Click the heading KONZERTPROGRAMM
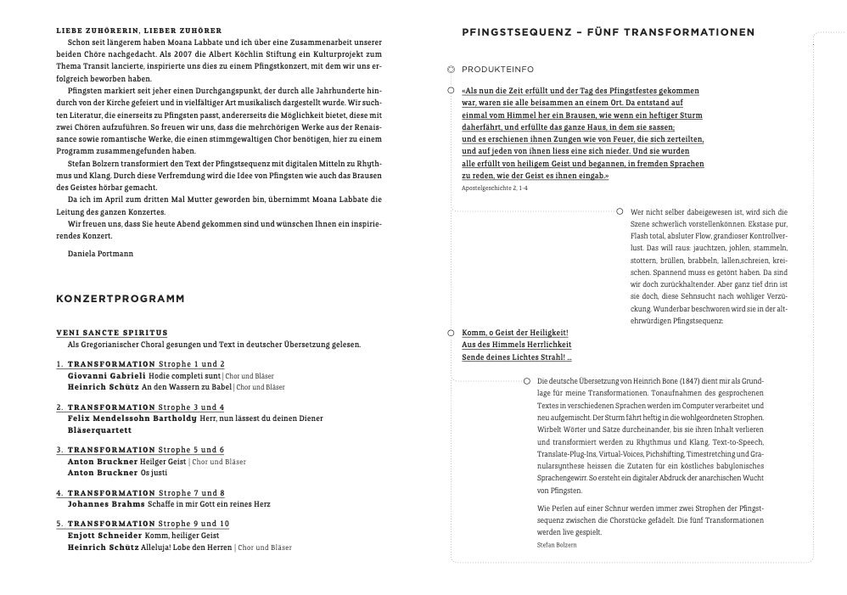[120, 299]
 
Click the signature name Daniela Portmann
[100, 253]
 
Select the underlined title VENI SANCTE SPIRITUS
[112, 333]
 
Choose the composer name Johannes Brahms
[106, 504]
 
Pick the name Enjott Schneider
[105, 536]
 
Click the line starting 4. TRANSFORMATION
[141, 493]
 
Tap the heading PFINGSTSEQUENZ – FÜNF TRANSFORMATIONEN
[608, 32]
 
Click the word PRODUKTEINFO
[498, 69]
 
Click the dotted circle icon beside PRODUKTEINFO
[452, 69]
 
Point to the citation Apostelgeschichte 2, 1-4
[495, 188]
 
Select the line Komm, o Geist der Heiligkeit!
[514, 333]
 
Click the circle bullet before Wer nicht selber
[620, 211]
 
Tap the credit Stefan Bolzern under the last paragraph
[557, 545]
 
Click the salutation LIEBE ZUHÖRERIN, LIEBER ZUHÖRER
[139, 31]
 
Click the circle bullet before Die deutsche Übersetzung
[527, 381]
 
